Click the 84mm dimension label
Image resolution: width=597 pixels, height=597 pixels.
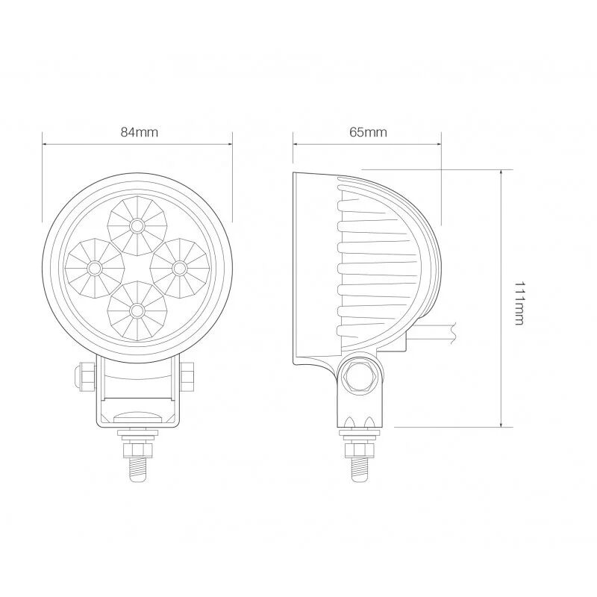click(139, 132)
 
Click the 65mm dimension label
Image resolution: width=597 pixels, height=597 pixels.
click(368, 132)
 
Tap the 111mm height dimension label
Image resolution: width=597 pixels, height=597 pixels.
click(519, 303)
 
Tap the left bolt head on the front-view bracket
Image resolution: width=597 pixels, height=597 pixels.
click(84, 376)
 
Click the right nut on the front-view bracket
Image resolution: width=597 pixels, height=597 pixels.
click(188, 376)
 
